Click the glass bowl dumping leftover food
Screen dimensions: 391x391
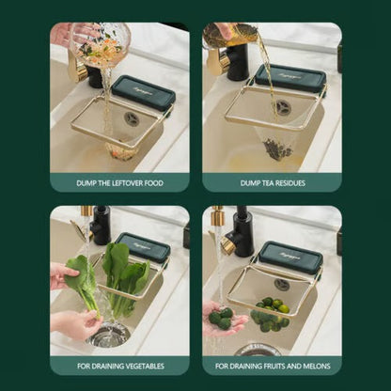point(100,42)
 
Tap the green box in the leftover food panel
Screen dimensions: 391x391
point(143,93)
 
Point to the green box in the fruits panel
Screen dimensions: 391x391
point(290,257)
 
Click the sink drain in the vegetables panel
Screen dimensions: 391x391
point(110,334)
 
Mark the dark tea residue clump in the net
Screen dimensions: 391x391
point(274,148)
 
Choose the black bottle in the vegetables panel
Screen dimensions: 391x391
point(101,227)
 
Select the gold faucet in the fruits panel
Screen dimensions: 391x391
point(222,233)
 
